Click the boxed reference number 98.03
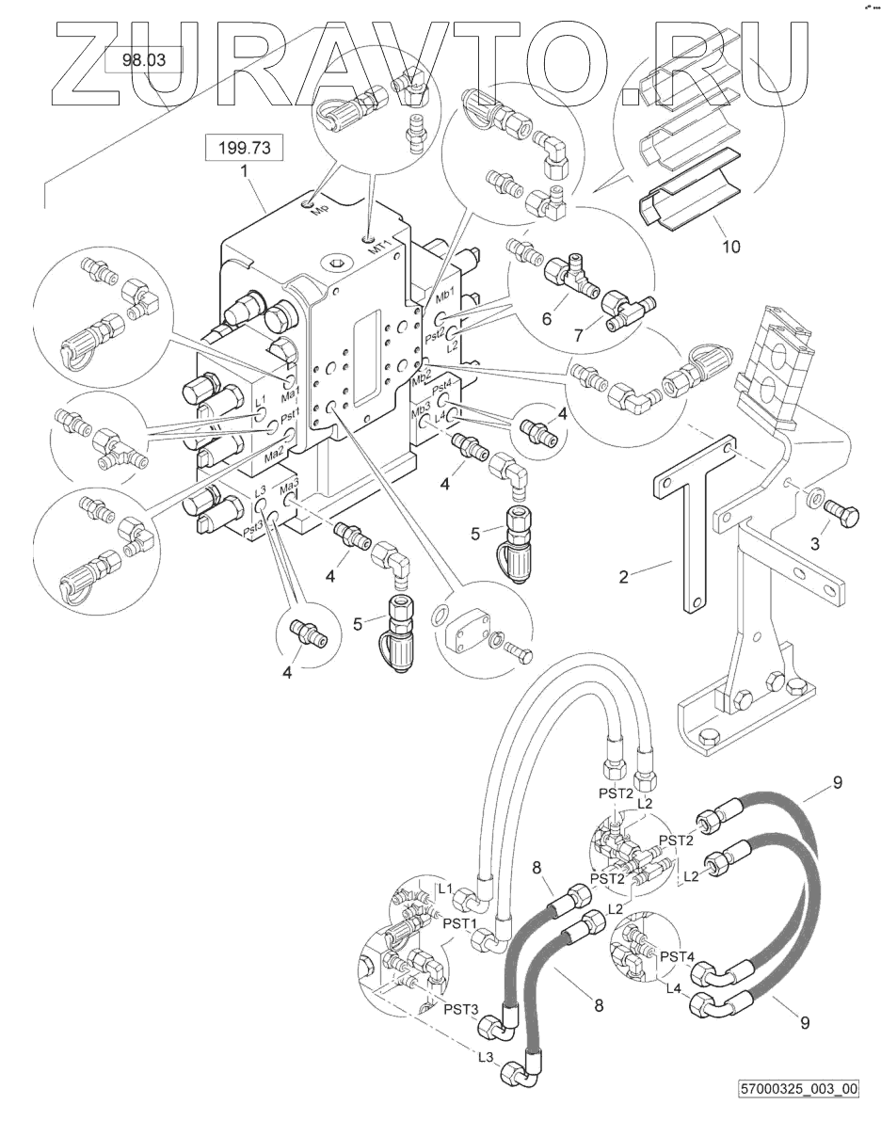click(143, 62)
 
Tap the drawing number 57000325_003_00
click(800, 1089)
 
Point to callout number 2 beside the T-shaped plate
click(623, 575)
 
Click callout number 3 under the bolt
click(816, 543)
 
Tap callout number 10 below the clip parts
click(730, 247)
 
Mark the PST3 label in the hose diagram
click(460, 1009)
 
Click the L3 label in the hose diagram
click(486, 1057)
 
